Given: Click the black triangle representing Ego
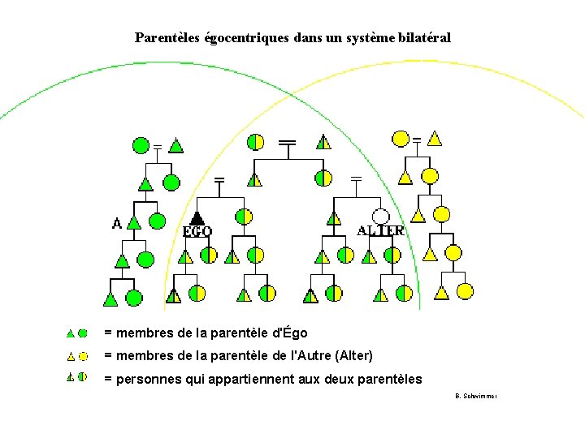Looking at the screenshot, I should click(x=196, y=217).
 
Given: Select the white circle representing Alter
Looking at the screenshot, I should click(x=381, y=216).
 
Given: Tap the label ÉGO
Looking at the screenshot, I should click(x=197, y=231).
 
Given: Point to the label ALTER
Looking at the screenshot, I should click(x=380, y=230).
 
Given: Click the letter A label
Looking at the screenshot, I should click(x=117, y=222).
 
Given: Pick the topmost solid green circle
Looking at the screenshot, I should click(x=141, y=145).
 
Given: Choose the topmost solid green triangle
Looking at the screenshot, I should click(x=175, y=146).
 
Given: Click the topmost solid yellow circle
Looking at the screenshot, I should click(x=401, y=138).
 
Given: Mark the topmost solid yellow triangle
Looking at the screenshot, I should click(x=435, y=139).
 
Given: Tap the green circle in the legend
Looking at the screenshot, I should click(x=83, y=333).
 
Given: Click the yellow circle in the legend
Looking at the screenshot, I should click(x=83, y=355).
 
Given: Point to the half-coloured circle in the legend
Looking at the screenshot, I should click(x=83, y=377).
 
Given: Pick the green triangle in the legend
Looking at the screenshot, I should click(x=71, y=333).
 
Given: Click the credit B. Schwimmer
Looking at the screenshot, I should click(x=475, y=396).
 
